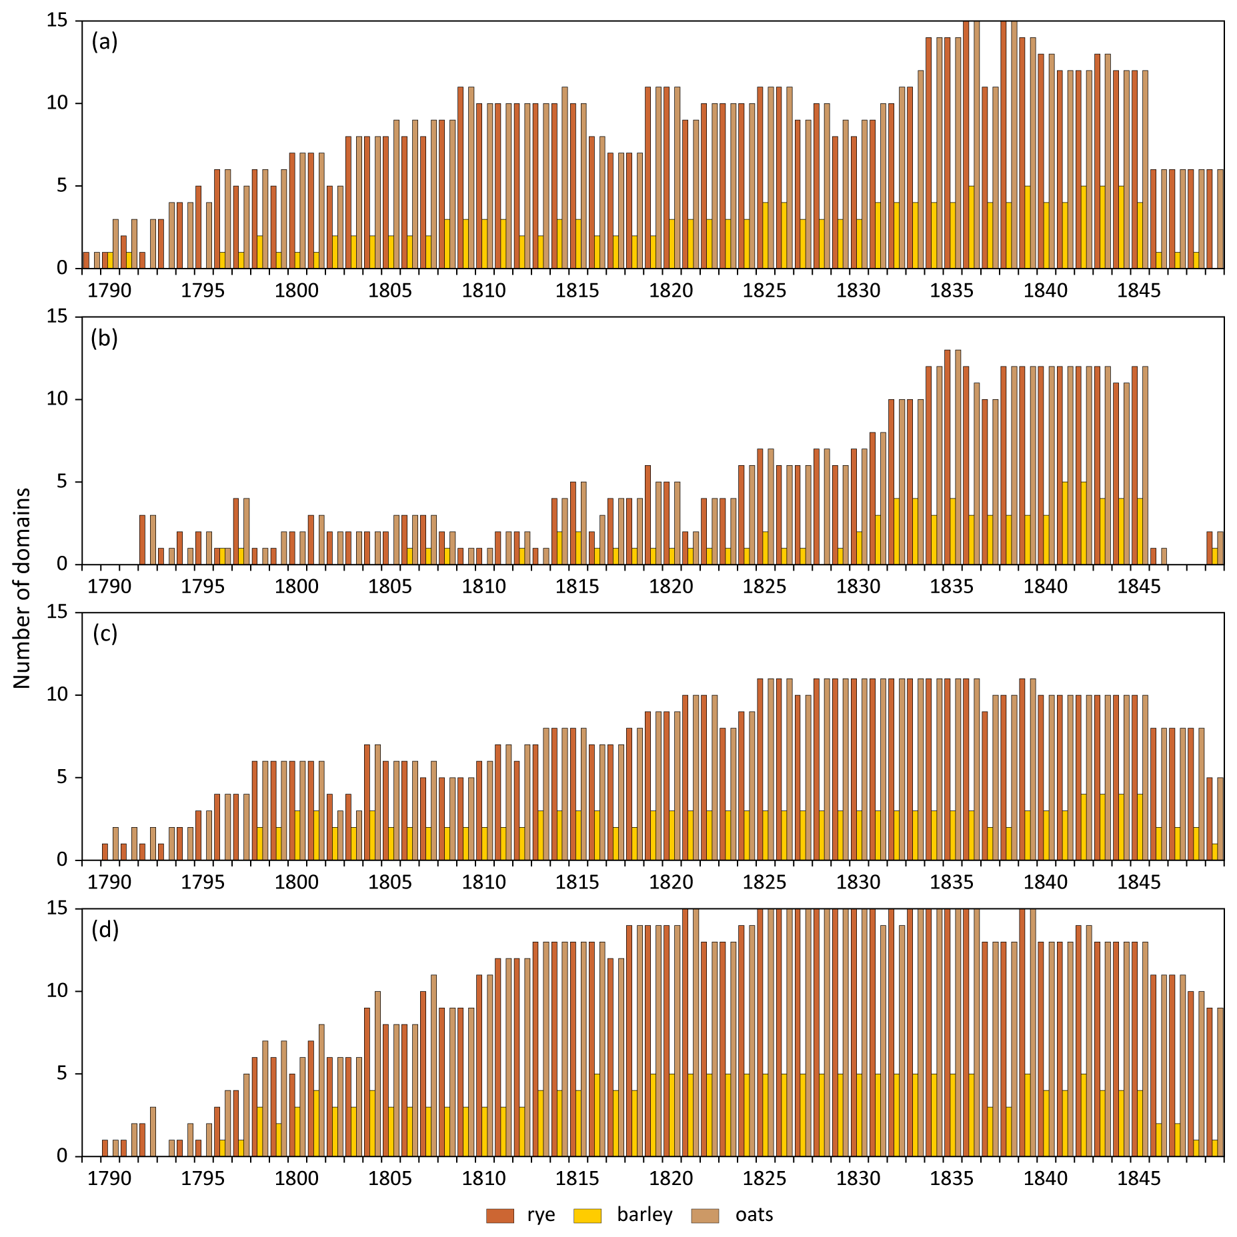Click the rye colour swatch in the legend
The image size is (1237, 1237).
tap(499, 1216)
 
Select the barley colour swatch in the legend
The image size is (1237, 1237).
tap(587, 1216)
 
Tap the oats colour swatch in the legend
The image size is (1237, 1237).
tap(705, 1216)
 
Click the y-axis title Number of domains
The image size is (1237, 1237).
tap(22, 588)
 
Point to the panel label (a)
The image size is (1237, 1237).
tap(105, 42)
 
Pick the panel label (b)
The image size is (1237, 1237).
tap(105, 338)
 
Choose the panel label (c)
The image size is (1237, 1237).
tap(105, 633)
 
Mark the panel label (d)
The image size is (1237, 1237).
tap(105, 929)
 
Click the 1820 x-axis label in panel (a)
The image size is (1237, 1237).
tap(671, 291)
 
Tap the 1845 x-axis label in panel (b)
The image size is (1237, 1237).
tap(1139, 587)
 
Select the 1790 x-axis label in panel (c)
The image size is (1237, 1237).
tap(109, 882)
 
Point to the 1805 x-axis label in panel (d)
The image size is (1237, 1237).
tap(390, 1178)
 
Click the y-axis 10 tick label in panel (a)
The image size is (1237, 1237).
tap(57, 103)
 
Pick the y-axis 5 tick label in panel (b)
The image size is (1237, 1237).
tap(62, 481)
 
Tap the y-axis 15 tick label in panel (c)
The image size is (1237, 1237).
tap(57, 612)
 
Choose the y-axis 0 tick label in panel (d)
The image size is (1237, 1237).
tap(62, 1156)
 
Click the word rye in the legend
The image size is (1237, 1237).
tap(541, 1215)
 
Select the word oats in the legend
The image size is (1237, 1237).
tap(754, 1215)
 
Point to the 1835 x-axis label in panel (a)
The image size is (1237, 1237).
tap(952, 291)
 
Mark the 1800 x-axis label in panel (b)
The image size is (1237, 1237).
tap(297, 587)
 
